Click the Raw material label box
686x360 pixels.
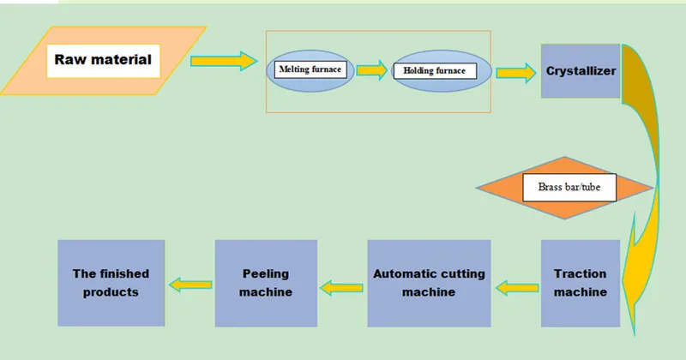click(103, 60)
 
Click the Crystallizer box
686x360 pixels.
click(581, 71)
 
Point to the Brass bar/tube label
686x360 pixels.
click(569, 187)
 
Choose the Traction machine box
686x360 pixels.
click(580, 283)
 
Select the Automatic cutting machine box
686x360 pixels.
click(428, 283)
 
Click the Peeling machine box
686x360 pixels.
click(266, 283)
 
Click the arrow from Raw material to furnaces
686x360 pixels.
click(223, 61)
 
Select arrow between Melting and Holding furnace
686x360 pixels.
click(371, 69)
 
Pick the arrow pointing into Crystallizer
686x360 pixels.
click(514, 71)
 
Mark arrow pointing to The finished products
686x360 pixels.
click(189, 284)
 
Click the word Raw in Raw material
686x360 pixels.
click(69, 60)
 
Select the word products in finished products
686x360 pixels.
click(111, 291)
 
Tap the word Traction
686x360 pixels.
click(580, 274)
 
